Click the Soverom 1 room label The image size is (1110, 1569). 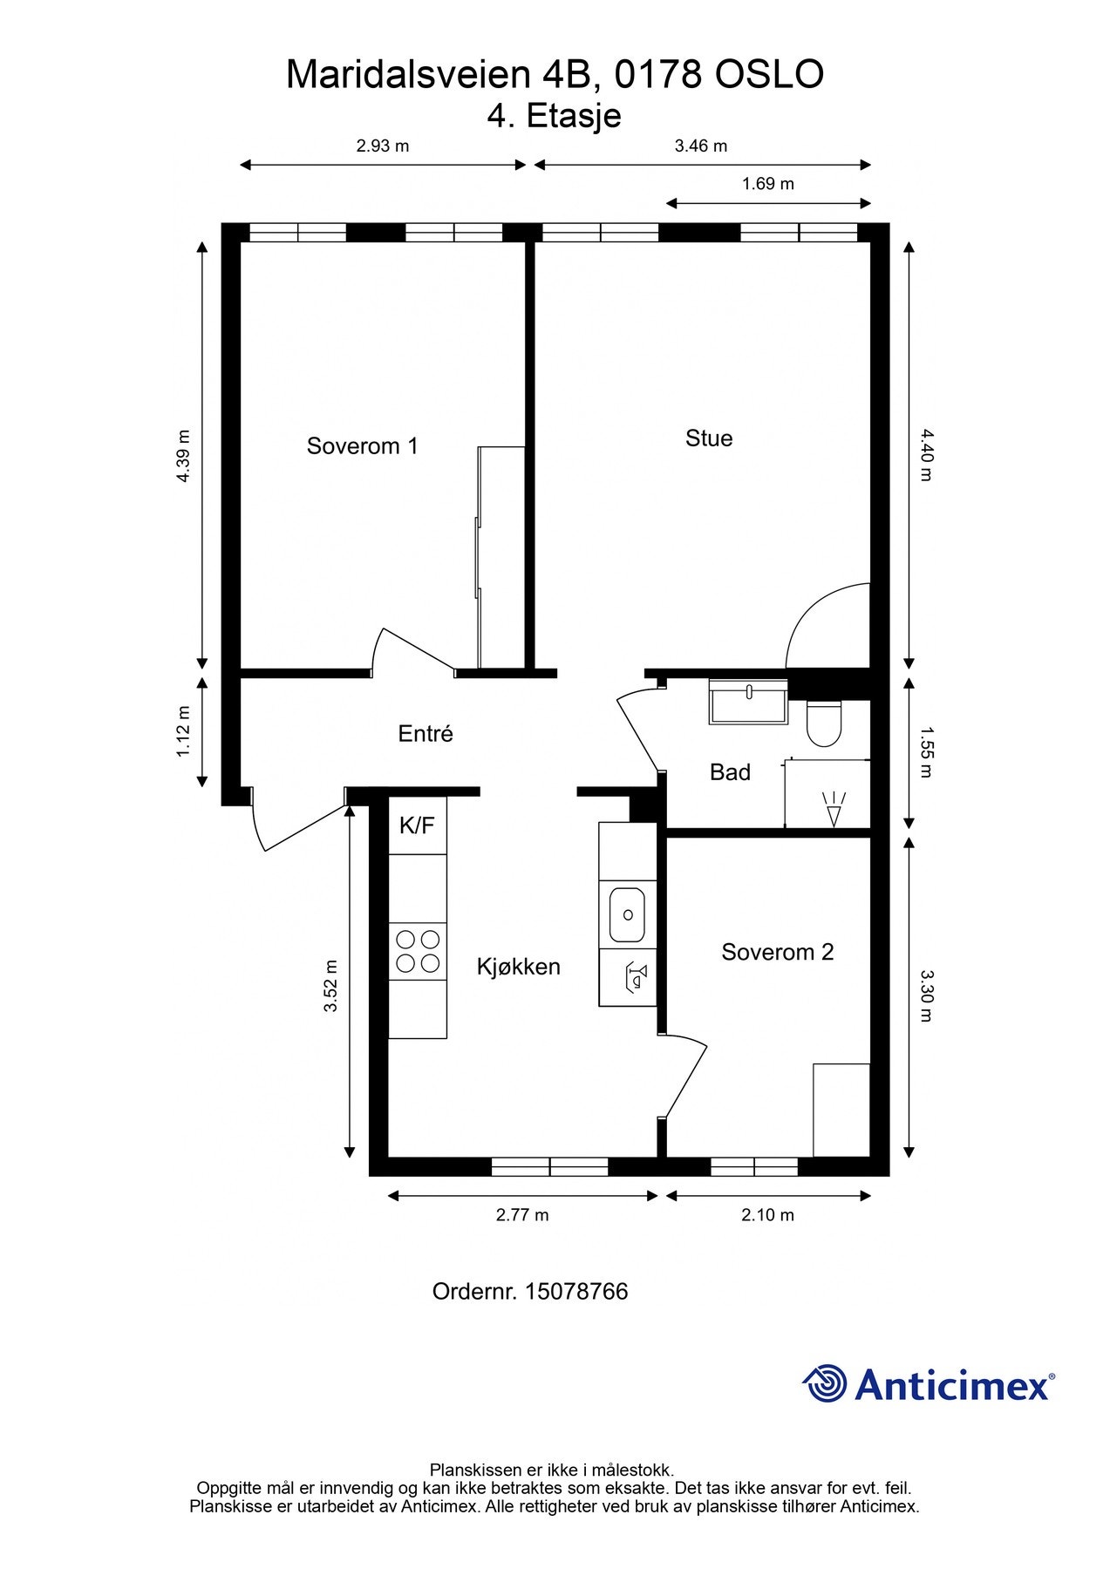pyautogui.click(x=362, y=446)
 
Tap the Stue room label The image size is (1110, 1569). pyautogui.click(x=709, y=438)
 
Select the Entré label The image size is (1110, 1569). pyautogui.click(x=426, y=734)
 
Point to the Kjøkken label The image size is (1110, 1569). pyautogui.click(x=519, y=967)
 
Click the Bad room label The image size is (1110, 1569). pyautogui.click(x=730, y=772)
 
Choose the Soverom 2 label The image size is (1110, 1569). pyautogui.click(x=778, y=952)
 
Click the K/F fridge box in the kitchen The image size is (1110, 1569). pyautogui.click(x=417, y=825)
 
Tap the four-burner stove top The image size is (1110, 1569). pyautogui.click(x=418, y=951)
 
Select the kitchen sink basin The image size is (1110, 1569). pyautogui.click(x=628, y=915)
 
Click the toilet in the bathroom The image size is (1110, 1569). pyautogui.click(x=824, y=723)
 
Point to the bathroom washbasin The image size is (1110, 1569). pyautogui.click(x=749, y=701)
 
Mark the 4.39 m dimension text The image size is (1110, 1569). pyautogui.click(x=184, y=456)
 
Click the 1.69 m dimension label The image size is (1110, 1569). pyautogui.click(x=768, y=184)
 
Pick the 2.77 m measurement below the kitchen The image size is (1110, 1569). pyautogui.click(x=522, y=1215)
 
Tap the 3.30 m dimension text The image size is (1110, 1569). pyautogui.click(x=927, y=995)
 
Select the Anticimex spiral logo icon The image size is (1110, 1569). pyautogui.click(x=825, y=1383)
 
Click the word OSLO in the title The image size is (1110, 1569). pyautogui.click(x=769, y=75)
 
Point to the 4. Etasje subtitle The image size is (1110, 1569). pyautogui.click(x=555, y=116)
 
